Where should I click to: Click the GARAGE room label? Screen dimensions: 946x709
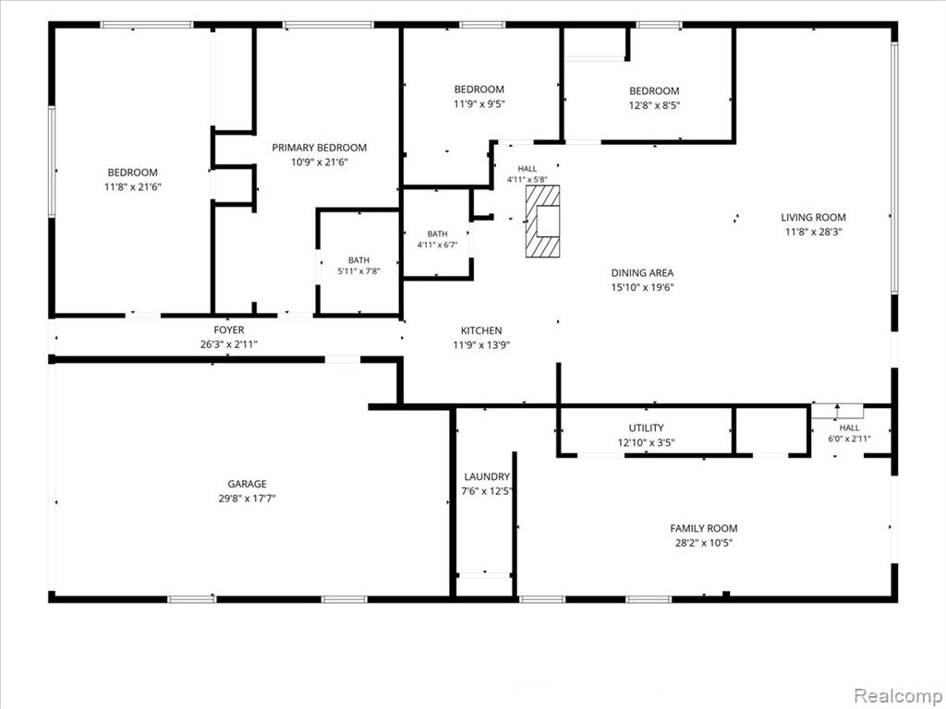pos(247,484)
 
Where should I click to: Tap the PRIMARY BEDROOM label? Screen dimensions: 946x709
pos(319,148)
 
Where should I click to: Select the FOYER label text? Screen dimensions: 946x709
pos(229,330)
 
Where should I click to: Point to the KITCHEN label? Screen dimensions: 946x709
pos(481,330)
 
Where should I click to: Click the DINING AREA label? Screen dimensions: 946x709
pos(643,272)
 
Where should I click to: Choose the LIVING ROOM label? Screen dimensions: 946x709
pos(813,217)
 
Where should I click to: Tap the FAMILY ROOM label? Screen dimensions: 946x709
pos(703,528)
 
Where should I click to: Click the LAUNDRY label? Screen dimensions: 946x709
pos(487,476)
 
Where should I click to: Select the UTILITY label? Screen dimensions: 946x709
pos(646,428)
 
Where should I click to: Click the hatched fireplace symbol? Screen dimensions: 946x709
pos(542,222)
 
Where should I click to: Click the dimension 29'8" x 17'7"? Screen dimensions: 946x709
pos(247,499)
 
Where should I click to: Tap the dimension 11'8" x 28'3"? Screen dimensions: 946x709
pos(813,232)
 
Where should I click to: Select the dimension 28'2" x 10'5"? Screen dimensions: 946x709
pos(703,543)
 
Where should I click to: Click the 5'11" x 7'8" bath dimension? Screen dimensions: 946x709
pos(358,271)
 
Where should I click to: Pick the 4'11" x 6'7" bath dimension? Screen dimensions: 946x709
pos(437,245)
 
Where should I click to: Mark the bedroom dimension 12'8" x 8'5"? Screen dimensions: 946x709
pos(654,105)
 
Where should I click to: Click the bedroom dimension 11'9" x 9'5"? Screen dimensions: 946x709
pos(479,103)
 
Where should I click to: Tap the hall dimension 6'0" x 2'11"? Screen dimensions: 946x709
pos(849,439)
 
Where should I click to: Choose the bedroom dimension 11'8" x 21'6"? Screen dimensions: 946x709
pos(133,186)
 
